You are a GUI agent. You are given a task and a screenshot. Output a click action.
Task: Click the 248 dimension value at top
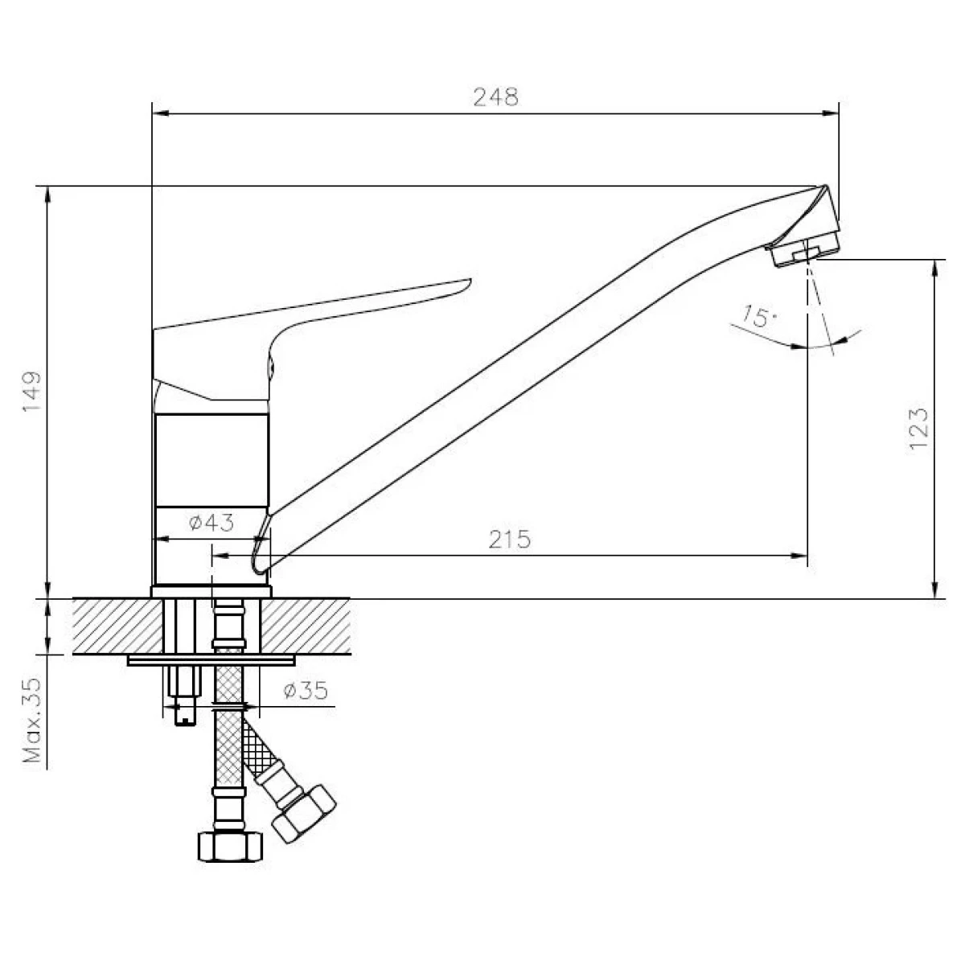(496, 96)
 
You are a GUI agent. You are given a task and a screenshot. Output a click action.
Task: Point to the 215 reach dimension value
(509, 539)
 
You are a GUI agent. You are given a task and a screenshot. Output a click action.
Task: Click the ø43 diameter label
(211, 523)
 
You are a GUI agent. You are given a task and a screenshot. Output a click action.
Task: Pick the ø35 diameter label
(306, 691)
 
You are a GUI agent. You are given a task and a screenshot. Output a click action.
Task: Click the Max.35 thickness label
(31, 720)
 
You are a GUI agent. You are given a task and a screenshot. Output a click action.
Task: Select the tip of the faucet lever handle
(470, 281)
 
